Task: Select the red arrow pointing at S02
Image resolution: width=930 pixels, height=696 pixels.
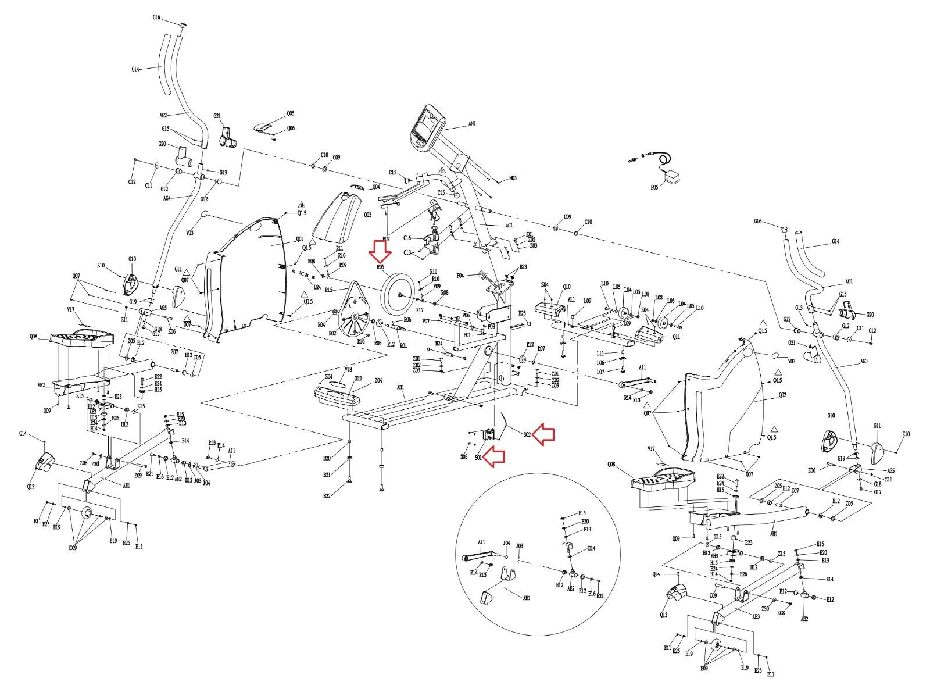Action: (545, 434)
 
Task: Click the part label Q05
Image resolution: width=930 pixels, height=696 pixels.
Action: (291, 114)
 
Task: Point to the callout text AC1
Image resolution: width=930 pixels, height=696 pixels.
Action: (509, 225)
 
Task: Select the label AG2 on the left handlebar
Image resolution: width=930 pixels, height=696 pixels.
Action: (163, 116)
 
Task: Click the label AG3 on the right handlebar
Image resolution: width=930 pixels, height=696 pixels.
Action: (864, 361)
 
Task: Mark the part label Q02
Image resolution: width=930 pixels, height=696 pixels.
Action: (782, 395)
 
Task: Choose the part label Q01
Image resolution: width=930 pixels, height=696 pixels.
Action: (300, 239)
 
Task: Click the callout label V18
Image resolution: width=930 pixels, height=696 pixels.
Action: (348, 370)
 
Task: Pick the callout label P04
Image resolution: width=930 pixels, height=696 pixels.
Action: (460, 275)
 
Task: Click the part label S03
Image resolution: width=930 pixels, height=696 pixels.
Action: (463, 456)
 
